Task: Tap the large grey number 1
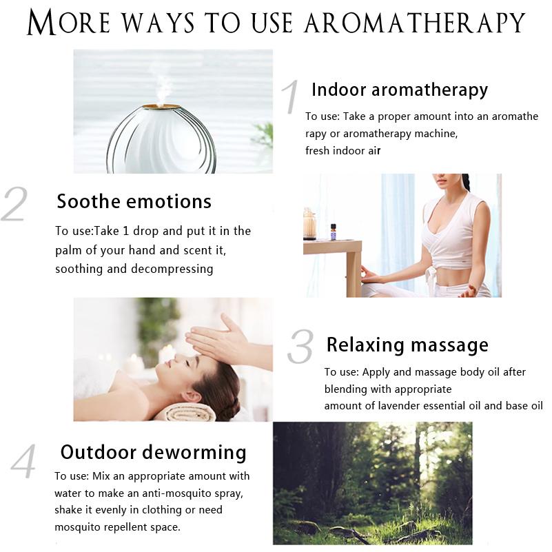291,96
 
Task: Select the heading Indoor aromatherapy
400,90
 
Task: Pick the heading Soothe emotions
134,201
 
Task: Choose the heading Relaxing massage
407,345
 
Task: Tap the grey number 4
23,461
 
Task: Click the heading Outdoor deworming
154,452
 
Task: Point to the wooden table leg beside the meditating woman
354,272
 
